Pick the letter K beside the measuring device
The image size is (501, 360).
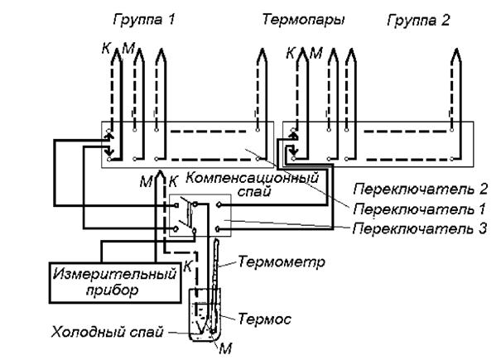[188, 265]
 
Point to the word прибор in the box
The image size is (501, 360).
[112, 291]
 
